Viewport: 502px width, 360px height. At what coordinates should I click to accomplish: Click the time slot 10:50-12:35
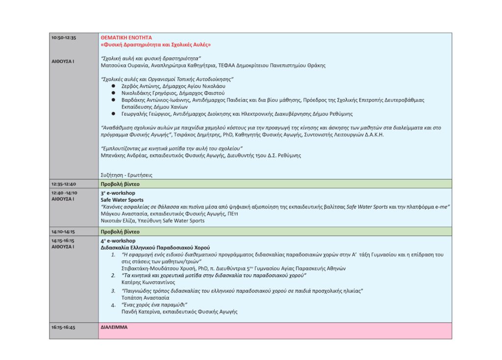[63, 37]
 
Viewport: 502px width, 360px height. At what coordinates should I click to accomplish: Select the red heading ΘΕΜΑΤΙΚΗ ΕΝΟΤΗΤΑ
[126, 37]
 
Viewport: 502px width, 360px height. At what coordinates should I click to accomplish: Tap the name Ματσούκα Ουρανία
[119, 65]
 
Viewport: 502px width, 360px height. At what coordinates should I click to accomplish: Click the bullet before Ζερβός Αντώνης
[113, 85]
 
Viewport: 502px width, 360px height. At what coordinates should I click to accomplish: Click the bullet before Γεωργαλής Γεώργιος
[113, 114]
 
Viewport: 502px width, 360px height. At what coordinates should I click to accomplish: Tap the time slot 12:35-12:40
[63, 184]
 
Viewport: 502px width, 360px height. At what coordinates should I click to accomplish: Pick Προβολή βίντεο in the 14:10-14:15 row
[120, 231]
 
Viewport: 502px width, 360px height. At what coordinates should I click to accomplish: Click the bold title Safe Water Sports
[122, 200]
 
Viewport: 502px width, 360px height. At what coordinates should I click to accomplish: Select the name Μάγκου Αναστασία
[119, 214]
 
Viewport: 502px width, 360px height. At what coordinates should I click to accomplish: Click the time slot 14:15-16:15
[63, 241]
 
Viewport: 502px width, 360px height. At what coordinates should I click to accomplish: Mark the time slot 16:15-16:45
[63, 327]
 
